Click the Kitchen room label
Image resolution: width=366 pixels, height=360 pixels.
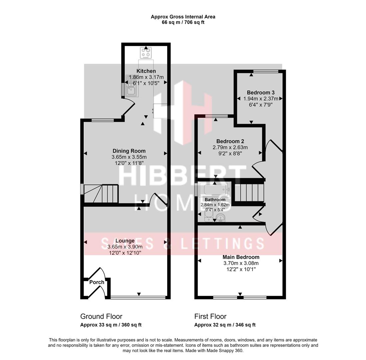point(146,71)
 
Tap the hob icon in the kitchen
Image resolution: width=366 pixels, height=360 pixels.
point(146,53)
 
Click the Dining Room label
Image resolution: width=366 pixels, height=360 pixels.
point(129,151)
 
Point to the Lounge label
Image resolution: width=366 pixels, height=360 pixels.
point(125,241)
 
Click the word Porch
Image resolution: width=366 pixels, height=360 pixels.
point(97,282)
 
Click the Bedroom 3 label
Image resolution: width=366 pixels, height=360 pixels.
point(260,92)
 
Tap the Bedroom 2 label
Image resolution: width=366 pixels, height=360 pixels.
point(230,141)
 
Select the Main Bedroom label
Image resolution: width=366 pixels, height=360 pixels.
point(241,257)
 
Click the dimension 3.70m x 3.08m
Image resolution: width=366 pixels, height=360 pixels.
point(241,263)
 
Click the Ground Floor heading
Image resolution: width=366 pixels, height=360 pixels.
point(101,316)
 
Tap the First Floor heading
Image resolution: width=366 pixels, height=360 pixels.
point(210,316)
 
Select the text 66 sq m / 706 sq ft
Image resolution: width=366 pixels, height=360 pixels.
point(183,22)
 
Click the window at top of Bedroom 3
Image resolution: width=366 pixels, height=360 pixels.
point(266,71)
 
